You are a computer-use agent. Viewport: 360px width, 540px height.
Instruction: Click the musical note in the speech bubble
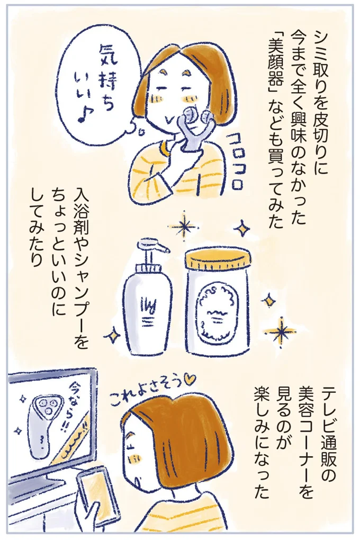pyautogui.click(x=85, y=116)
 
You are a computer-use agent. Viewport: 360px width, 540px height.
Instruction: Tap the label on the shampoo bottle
pyautogui.click(x=148, y=310)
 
